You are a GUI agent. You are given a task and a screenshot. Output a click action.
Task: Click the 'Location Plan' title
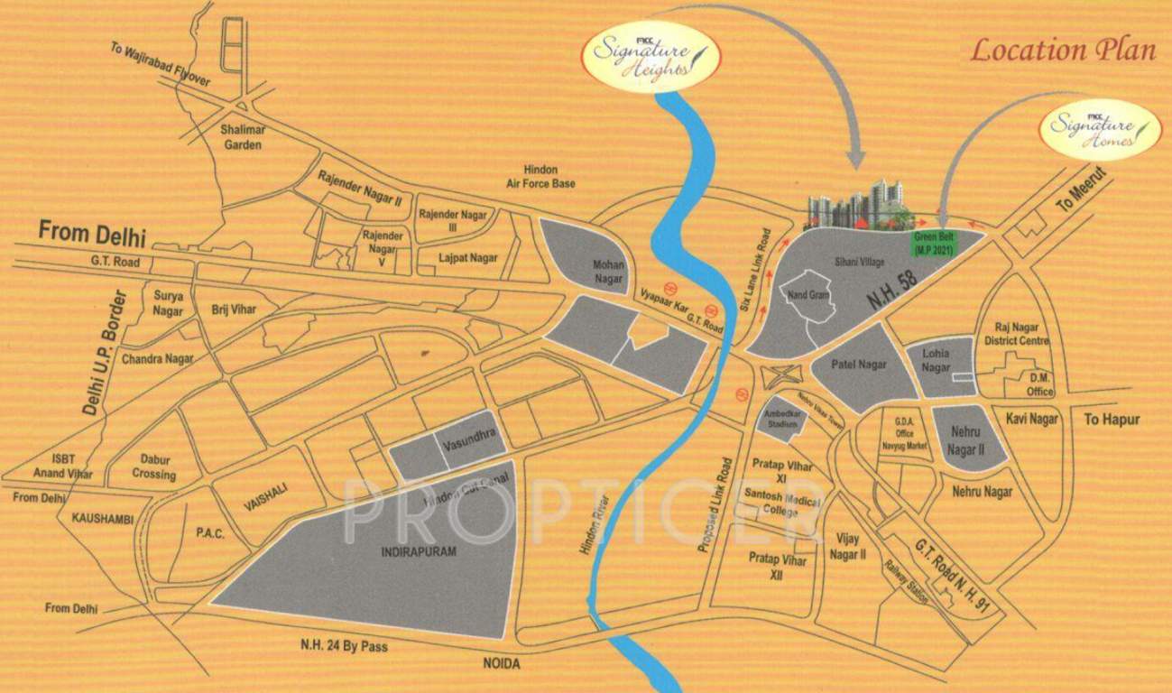[x=1062, y=51]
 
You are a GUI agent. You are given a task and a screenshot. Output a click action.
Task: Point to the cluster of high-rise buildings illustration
[x=858, y=207]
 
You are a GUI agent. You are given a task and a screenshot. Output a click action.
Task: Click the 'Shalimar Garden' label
[x=242, y=137]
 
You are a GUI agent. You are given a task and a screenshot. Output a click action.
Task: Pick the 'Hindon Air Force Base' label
[x=540, y=177]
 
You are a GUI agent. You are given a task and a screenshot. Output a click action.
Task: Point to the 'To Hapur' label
[x=1112, y=420]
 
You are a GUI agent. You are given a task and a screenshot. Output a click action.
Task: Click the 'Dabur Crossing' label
[x=153, y=467]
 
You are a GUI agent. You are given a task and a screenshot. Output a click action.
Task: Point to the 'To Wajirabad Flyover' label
[x=161, y=64]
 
